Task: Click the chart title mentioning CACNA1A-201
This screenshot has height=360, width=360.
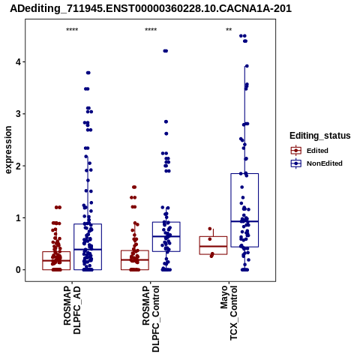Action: [151, 9]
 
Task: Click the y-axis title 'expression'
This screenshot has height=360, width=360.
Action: [8, 150]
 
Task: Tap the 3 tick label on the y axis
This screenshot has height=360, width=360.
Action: [19, 114]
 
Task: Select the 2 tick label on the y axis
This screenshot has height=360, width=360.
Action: [19, 166]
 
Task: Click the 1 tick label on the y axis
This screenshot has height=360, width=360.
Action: [19, 217]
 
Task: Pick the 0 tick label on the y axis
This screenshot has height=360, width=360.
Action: [19, 270]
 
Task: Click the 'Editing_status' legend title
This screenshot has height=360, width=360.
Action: [320, 136]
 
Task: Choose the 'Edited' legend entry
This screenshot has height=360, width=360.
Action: [309, 151]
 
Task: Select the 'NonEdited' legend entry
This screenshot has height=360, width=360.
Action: [316, 163]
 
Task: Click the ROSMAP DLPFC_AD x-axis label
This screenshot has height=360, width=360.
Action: [72, 310]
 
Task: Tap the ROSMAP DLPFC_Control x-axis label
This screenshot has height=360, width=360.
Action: [151, 319]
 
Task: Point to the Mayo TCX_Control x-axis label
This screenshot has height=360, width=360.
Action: [229, 313]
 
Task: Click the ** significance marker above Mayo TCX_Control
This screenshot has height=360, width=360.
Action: [229, 30]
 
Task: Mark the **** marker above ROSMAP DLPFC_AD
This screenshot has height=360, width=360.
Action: [72, 30]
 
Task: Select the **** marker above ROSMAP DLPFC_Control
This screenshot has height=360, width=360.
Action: [151, 30]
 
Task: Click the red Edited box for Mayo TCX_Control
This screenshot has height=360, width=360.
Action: [213, 236]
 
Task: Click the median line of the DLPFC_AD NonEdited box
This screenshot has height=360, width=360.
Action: [88, 249]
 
